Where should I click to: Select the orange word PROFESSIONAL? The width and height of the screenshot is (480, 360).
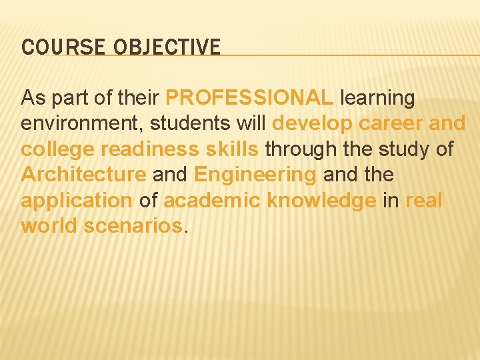pyautogui.click(x=249, y=99)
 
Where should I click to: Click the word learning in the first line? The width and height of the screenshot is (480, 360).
pyautogui.click(x=377, y=99)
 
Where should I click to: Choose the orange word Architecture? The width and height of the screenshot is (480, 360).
pyautogui.click(x=83, y=175)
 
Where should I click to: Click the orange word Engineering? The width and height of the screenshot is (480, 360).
pyautogui.click(x=255, y=175)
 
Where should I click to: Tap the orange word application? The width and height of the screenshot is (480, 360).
pyautogui.click(x=77, y=201)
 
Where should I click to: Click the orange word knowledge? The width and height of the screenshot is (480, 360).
pyautogui.click(x=321, y=201)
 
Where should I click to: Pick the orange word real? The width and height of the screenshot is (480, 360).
pyautogui.click(x=423, y=201)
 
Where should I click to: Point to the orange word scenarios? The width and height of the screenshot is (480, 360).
pyautogui.click(x=133, y=226)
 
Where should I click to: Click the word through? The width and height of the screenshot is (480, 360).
pyautogui.click(x=304, y=149)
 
